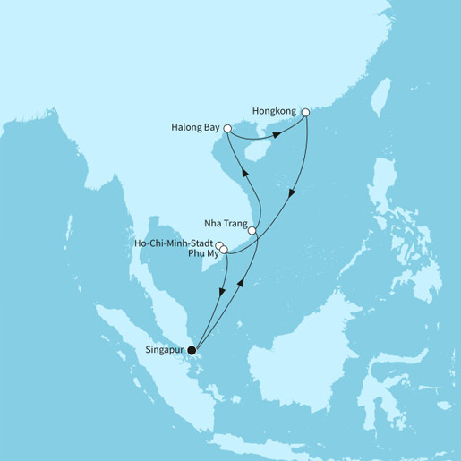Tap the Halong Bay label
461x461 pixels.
(x=194, y=128)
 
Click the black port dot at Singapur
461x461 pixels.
(x=192, y=350)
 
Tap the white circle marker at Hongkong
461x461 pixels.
(x=306, y=113)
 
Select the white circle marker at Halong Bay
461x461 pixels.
(x=227, y=129)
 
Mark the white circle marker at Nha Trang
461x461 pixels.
(x=252, y=231)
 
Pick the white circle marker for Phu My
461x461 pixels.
(x=224, y=250)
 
